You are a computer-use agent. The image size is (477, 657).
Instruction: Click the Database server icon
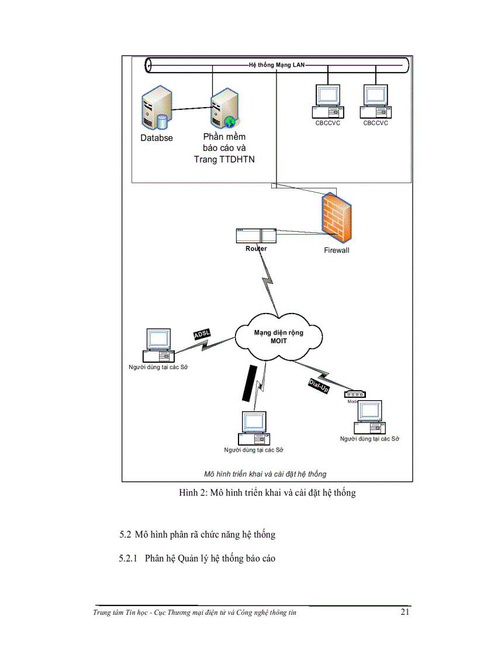coord(156,108)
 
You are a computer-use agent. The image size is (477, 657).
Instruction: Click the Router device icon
coord(255,235)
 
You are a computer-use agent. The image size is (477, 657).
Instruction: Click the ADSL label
coord(202,334)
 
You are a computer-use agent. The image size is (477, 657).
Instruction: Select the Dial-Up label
coord(319,386)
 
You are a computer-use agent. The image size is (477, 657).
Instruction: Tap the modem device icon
coord(355,395)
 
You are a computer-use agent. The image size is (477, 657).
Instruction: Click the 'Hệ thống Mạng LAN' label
coord(276,64)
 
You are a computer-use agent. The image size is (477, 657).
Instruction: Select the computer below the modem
coord(369,417)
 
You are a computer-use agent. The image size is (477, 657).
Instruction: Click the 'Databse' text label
coord(156,139)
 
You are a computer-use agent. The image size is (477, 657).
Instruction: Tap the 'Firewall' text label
coord(337,250)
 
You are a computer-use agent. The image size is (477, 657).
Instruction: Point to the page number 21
coord(405,613)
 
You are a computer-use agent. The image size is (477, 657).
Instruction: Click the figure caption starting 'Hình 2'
coord(267,493)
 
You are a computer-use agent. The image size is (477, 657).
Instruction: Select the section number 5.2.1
coord(127,559)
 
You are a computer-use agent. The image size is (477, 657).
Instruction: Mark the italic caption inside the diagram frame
coord(265,473)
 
